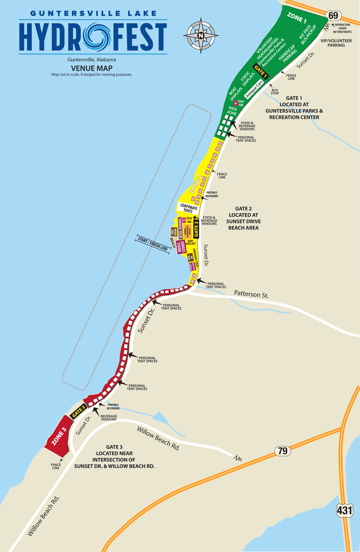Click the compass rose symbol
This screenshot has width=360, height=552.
pos(201,36)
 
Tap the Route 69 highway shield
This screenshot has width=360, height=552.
pos(333,15)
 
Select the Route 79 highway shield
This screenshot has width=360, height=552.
pos(283,451)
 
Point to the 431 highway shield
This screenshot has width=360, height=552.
pos(345,510)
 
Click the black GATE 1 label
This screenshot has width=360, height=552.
pos(261,72)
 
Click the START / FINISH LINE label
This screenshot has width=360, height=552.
pos(153,244)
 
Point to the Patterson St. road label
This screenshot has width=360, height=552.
pos(251,294)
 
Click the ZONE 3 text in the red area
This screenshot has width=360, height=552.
pos(59,436)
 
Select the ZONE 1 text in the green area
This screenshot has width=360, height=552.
pos(297,17)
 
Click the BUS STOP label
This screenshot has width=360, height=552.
pos(275,92)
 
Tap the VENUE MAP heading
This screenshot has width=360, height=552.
pos(92,68)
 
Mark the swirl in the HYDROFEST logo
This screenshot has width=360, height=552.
pos(97,36)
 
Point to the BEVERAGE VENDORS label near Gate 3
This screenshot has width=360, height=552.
pos(109,418)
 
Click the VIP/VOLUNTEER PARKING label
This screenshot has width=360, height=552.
pos(336,43)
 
